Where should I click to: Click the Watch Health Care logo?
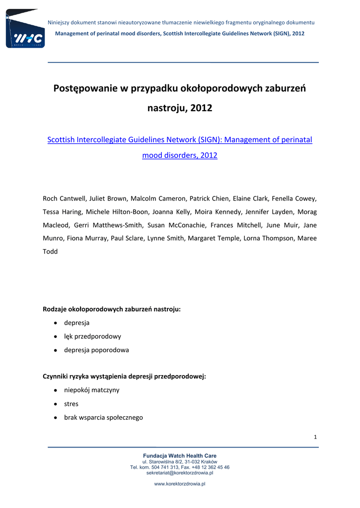25,29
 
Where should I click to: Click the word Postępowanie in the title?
85,89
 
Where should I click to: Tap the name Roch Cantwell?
64,198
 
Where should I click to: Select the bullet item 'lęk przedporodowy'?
92,336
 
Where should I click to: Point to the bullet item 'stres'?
71,404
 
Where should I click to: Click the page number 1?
315,437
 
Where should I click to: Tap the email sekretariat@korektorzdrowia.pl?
180,473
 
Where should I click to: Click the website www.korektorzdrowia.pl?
180,484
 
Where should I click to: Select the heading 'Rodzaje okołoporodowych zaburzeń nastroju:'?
112,309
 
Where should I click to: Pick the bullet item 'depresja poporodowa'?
96,350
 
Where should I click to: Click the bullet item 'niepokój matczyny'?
91,390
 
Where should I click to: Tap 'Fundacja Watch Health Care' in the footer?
180,455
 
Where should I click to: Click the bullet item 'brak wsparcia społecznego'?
103,417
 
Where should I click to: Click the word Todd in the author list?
51,252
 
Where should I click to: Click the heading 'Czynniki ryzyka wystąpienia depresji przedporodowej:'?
125,377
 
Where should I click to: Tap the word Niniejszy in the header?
60,23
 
